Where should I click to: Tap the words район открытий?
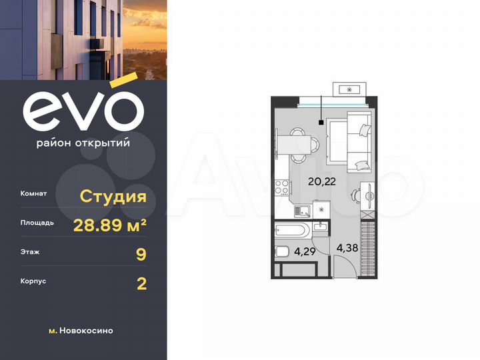click(83, 142)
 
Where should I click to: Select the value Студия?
click(113, 196)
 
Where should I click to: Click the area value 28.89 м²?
click(110, 225)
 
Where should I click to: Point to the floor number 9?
click(141, 254)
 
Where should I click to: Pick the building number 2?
click(141, 283)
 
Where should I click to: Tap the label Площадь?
click(37, 223)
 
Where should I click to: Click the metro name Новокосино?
click(86, 330)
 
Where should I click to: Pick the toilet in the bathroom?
click(282, 252)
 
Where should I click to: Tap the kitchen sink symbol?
click(303, 211)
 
